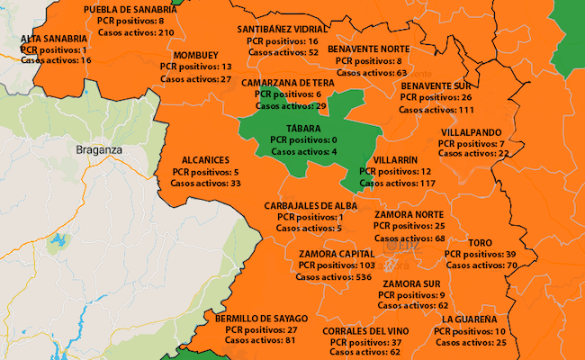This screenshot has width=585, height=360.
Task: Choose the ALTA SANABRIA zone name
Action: (x=55, y=40)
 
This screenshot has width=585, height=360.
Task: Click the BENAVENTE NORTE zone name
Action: (x=369, y=49)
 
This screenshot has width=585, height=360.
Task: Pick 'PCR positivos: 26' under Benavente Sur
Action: (x=436, y=97)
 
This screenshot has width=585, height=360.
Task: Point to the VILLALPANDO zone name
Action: (x=471, y=132)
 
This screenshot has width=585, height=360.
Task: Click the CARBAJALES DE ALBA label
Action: (x=311, y=205)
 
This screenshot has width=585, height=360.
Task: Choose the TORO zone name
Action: (x=481, y=243)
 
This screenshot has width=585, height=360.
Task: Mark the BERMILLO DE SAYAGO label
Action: (x=261, y=319)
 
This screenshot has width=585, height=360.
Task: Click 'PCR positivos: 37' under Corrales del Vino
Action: (x=365, y=343)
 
